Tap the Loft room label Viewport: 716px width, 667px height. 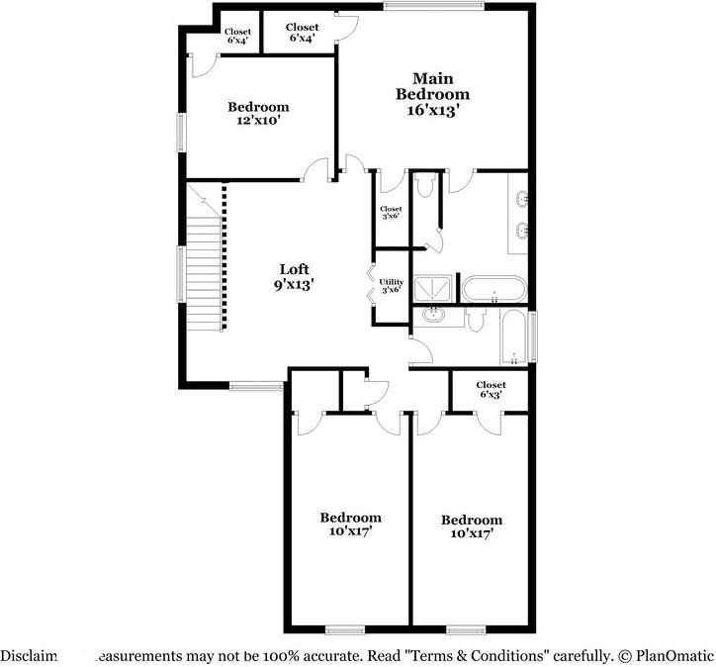[295, 269]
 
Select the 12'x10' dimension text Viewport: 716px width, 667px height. [258, 121]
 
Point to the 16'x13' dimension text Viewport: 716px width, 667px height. [433, 111]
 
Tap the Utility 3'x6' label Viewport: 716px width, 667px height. [392, 286]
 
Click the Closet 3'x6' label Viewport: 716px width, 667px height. [391, 213]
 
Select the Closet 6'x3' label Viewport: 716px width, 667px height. [491, 389]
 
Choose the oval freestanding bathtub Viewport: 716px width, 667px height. [494, 290]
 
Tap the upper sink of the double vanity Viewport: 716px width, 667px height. [521, 200]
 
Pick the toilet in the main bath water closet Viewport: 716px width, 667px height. [424, 189]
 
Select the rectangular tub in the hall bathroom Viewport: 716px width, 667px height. [513, 336]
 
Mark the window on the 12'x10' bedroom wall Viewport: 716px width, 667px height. [181, 133]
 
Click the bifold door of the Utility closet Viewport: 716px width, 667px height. [371, 283]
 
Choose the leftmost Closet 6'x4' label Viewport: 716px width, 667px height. [238, 36]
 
